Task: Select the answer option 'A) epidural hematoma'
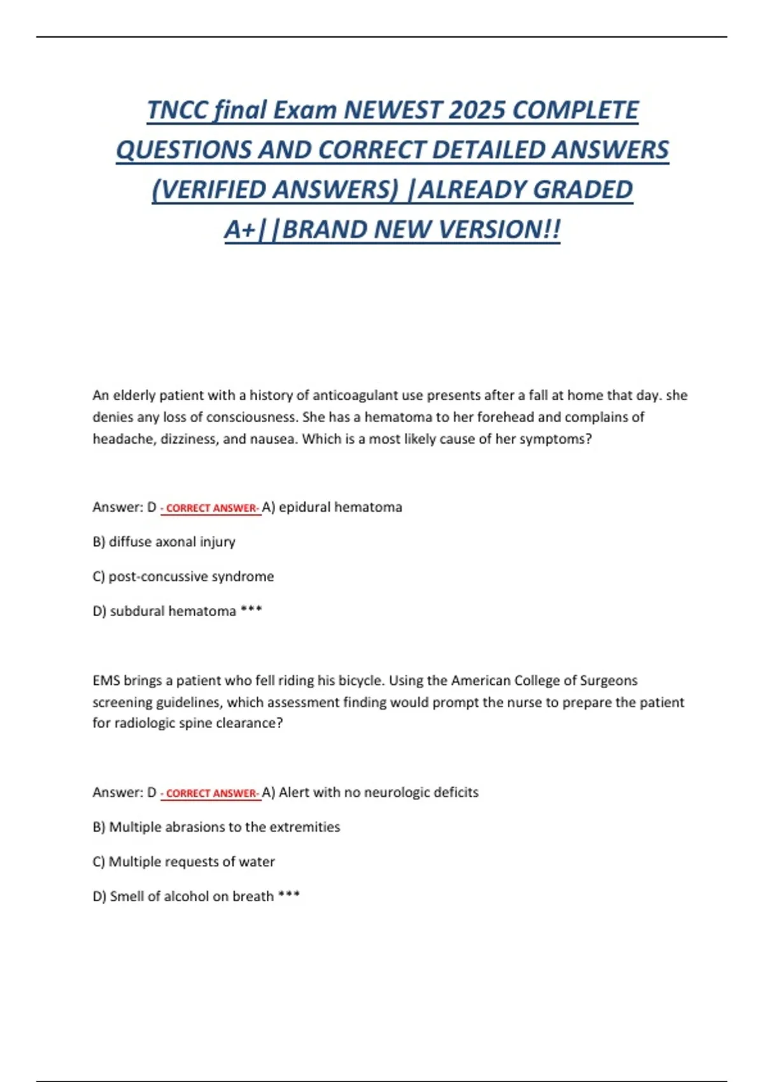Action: [x=332, y=507]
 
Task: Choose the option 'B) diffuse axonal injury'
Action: [x=164, y=542]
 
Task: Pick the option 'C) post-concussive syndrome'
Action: [x=183, y=576]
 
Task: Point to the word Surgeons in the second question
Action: [x=609, y=680]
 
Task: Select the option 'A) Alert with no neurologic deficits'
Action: [x=370, y=792]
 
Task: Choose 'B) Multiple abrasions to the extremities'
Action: [x=216, y=827]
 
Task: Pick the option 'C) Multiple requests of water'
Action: [x=183, y=861]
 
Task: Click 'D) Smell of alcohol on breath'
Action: [x=183, y=896]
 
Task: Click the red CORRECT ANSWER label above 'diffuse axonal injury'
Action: [x=211, y=508]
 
